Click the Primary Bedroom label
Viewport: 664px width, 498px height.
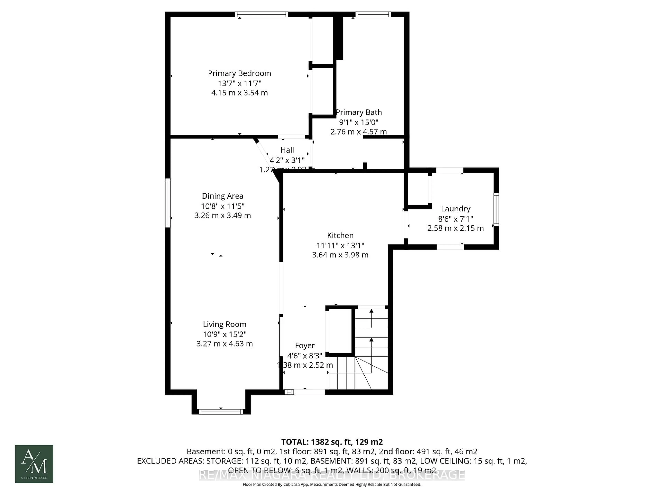point(239,73)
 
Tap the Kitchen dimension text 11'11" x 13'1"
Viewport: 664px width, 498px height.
point(340,245)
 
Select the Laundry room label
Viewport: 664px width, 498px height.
point(455,209)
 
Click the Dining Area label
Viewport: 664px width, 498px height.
point(222,196)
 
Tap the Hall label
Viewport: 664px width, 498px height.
point(287,150)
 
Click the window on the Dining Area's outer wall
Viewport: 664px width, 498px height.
point(168,203)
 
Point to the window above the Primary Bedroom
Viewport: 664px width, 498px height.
point(261,14)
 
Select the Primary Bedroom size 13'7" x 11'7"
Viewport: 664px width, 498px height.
point(239,83)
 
